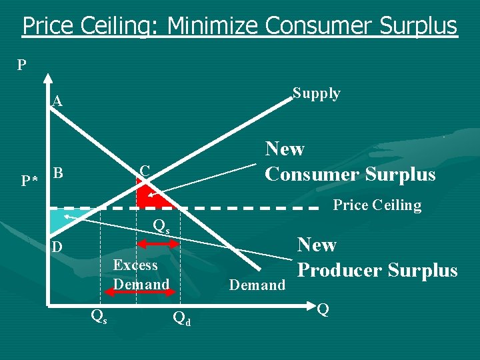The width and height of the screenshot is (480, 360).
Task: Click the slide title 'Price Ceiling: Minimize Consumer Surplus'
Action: tap(240, 26)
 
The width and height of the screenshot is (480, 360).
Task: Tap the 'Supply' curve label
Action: tap(317, 93)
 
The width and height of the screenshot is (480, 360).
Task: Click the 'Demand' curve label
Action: tap(257, 285)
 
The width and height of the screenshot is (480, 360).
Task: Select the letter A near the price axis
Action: tap(58, 102)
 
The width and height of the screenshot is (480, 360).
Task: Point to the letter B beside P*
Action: tap(58, 174)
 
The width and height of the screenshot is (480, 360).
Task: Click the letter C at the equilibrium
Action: tap(145, 171)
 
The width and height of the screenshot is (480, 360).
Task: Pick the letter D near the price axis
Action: tap(58, 247)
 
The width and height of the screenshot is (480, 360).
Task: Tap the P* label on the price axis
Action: tap(28, 181)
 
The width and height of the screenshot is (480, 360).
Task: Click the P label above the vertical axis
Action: tap(22, 65)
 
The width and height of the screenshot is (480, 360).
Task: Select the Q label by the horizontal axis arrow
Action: tap(323, 309)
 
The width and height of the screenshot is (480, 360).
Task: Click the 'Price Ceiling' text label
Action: tap(377, 205)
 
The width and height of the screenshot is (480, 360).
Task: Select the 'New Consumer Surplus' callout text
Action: tap(350, 161)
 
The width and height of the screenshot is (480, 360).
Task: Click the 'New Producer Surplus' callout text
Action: tap(377, 257)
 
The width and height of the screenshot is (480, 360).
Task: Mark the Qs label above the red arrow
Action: tap(161, 226)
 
